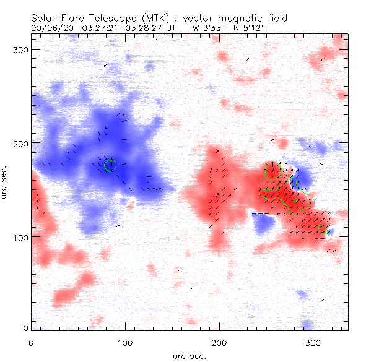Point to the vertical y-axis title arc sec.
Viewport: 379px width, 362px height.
point(6,183)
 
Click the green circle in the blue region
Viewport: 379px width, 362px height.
point(110,165)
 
